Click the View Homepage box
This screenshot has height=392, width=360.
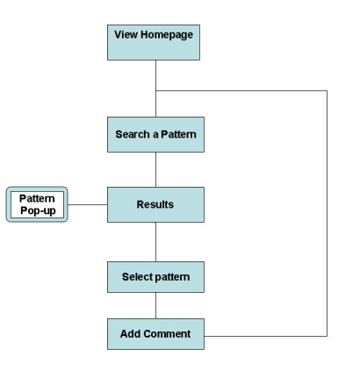pyautogui.click(x=154, y=42)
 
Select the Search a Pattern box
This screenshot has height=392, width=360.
pyautogui.click(x=155, y=134)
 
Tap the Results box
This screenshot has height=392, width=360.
pyautogui.click(x=155, y=204)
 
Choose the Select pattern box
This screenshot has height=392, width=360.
pyautogui.click(x=155, y=277)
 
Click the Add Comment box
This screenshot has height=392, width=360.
pyautogui.click(x=155, y=334)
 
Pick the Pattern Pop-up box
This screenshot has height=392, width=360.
pyautogui.click(x=37, y=204)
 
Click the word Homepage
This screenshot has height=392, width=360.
pyautogui.click(x=167, y=35)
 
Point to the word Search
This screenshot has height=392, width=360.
pyautogui.click(x=133, y=134)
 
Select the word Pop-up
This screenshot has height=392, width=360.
pyautogui.click(x=38, y=210)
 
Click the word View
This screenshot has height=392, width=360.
pyautogui.click(x=126, y=34)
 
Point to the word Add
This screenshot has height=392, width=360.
pyautogui.click(x=131, y=334)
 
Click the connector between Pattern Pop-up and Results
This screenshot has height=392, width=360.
pyautogui.click(x=88, y=204)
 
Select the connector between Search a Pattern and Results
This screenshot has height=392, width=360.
pyautogui.click(x=155, y=169)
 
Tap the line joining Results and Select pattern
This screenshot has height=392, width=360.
pyautogui.click(x=155, y=242)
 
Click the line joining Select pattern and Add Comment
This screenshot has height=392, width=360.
pyautogui.click(x=155, y=305)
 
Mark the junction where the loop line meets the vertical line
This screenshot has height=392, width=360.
pyautogui.click(x=155, y=91)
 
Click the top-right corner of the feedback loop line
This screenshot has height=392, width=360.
pyautogui.click(x=327, y=91)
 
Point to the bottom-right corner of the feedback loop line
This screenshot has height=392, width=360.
pyautogui.click(x=327, y=336)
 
